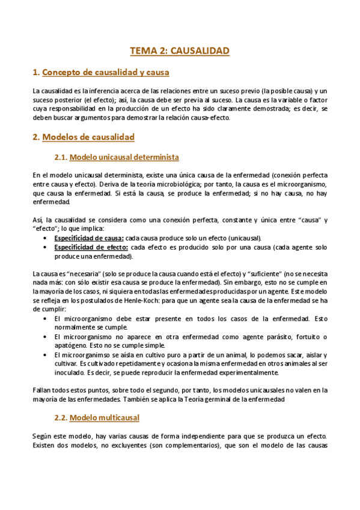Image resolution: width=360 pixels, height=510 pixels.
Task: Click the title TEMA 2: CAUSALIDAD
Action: [x=180, y=51]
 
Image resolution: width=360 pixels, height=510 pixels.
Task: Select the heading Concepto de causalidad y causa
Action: [x=105, y=73]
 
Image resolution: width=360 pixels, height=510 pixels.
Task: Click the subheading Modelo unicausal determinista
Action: [x=124, y=158]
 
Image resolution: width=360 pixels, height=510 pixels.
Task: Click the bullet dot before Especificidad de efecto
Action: [x=46, y=247]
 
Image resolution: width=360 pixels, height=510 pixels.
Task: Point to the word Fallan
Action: [x=43, y=389]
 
